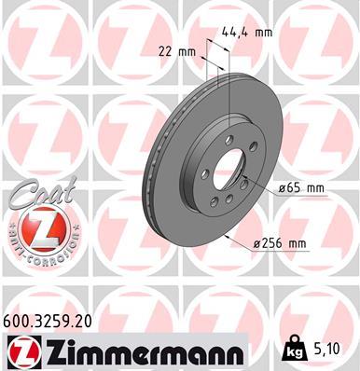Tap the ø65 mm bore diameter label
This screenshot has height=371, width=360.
(x=300, y=189)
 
